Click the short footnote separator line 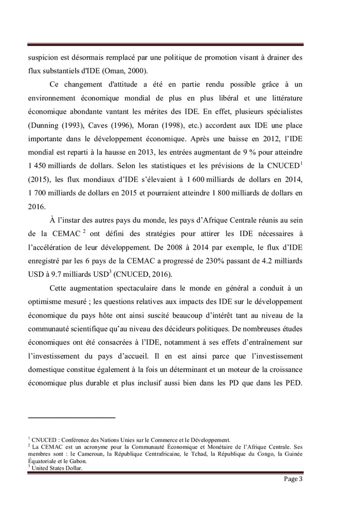click(71, 418)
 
